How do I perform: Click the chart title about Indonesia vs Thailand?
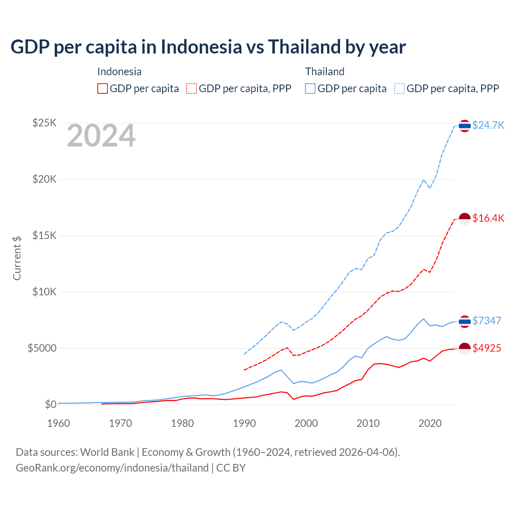208,47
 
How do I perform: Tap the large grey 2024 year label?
101,136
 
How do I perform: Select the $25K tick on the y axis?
44,123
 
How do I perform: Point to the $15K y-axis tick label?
44,235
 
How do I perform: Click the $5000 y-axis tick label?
42,348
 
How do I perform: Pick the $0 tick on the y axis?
50,404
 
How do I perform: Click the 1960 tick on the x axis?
59,423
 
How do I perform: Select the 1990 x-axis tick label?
244,423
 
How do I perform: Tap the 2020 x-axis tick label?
430,423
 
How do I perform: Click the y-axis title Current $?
17,258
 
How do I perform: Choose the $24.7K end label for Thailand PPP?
488,126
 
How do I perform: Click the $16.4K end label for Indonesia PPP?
488,218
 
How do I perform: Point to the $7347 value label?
486,321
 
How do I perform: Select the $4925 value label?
486,348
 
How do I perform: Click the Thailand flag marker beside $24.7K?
465,126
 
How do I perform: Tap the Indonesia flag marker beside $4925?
465,349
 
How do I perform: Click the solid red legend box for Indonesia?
103,89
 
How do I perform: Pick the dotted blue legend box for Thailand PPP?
400,89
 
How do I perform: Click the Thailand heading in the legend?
325,72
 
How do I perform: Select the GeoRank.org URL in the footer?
112,468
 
